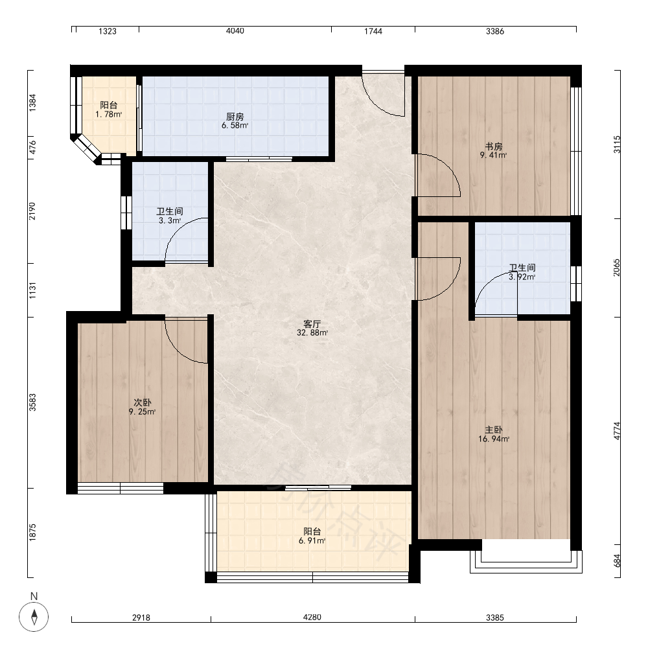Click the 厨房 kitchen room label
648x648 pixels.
pos(235,117)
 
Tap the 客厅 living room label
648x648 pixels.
pos(312,324)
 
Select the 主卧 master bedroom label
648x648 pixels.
pos(493,430)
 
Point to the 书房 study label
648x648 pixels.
pos(493,146)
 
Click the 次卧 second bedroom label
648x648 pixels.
pos(142,402)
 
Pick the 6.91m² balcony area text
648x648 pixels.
pos(312,540)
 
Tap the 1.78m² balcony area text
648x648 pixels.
pos(109,115)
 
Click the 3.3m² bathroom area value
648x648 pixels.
pos(169,221)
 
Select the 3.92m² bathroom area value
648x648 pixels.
pos(522,277)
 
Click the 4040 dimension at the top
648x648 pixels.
pos(235,31)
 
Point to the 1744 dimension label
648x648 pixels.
pos(373,31)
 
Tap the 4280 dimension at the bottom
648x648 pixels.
pos(312,617)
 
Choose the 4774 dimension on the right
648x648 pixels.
pos(617,431)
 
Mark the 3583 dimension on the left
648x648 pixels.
pos(32,402)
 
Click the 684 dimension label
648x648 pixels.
pos(617,561)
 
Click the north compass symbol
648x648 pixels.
pos(34,617)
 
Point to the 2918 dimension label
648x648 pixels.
pos(141,618)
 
